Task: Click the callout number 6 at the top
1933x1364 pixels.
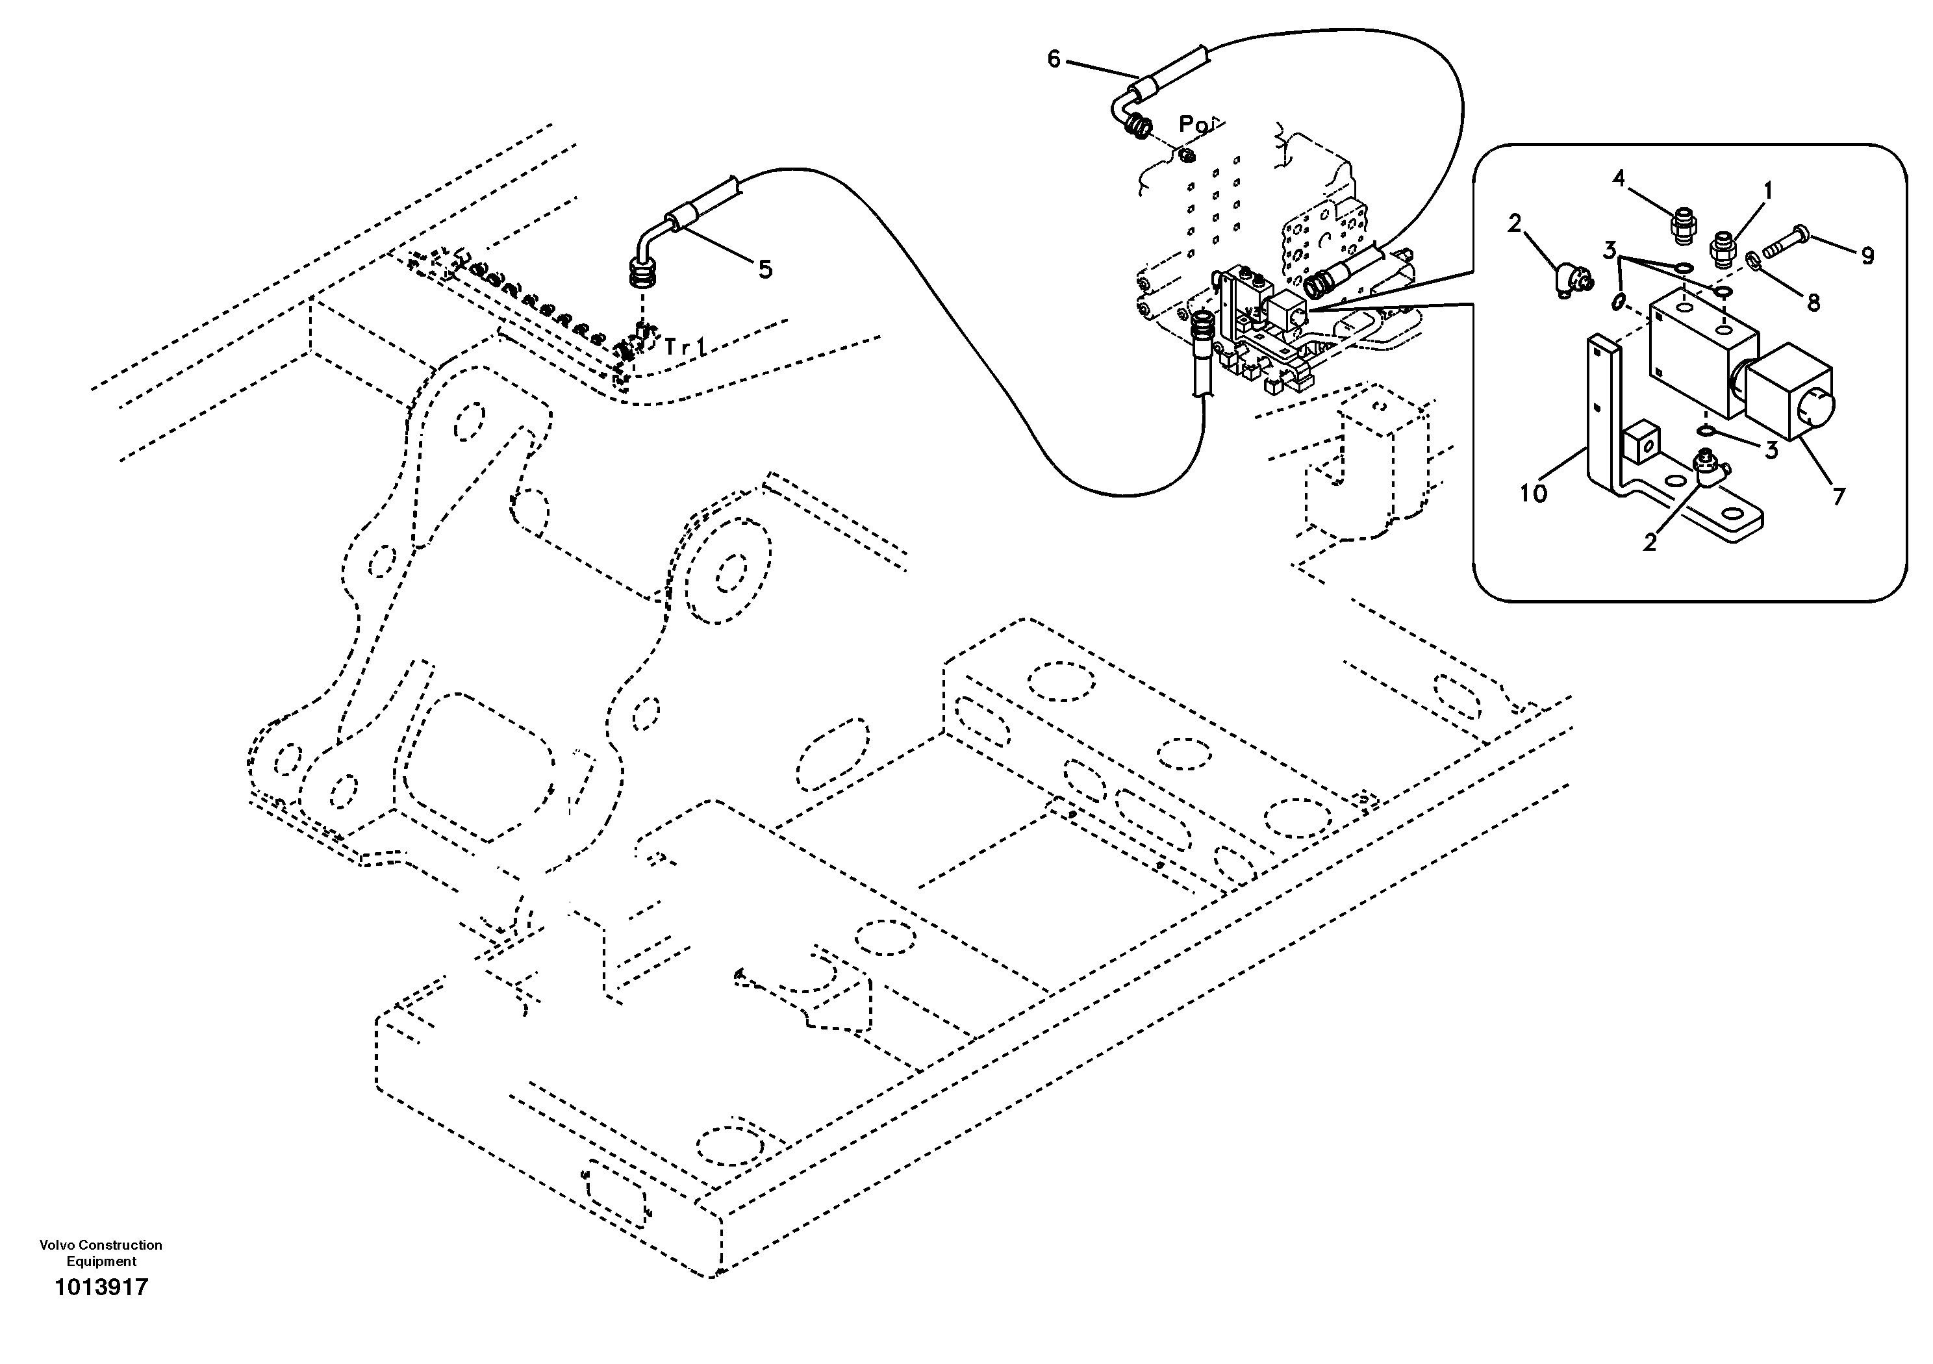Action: (1054, 59)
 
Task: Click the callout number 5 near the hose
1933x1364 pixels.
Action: (764, 270)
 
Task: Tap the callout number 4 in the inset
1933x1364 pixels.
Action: (1619, 178)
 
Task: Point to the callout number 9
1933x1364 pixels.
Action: (1867, 256)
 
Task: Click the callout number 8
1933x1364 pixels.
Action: (1813, 302)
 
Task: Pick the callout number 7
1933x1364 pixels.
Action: (1839, 496)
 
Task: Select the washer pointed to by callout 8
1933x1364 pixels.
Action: (1754, 264)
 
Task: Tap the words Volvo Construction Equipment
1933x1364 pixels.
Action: (101, 1252)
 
